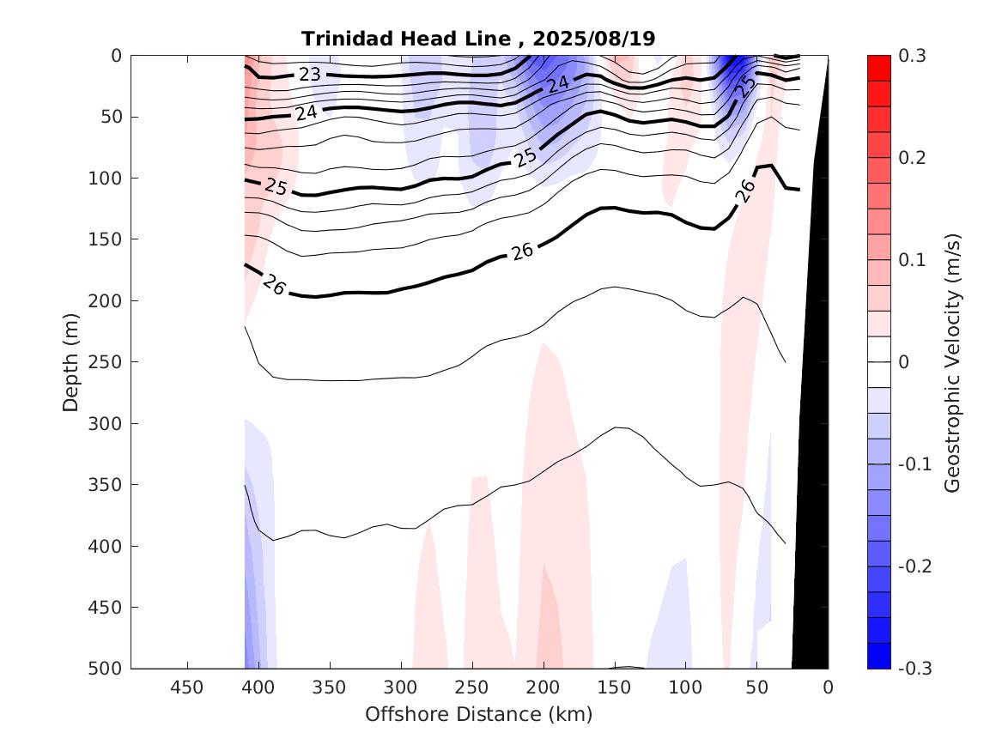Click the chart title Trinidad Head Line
tap(411, 39)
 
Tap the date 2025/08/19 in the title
tap(593, 39)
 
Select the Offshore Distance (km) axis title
tap(479, 714)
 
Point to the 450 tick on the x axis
tap(187, 687)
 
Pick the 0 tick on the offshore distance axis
tap(828, 687)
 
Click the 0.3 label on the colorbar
tap(911, 56)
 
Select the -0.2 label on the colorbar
tap(914, 566)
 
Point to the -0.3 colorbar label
tap(914, 669)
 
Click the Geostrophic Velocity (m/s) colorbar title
tap(951, 361)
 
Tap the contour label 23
tap(309, 75)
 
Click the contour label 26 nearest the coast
tap(745, 191)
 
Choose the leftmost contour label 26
tap(273, 286)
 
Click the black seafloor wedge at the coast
tap(811, 515)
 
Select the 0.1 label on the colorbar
tap(911, 260)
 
